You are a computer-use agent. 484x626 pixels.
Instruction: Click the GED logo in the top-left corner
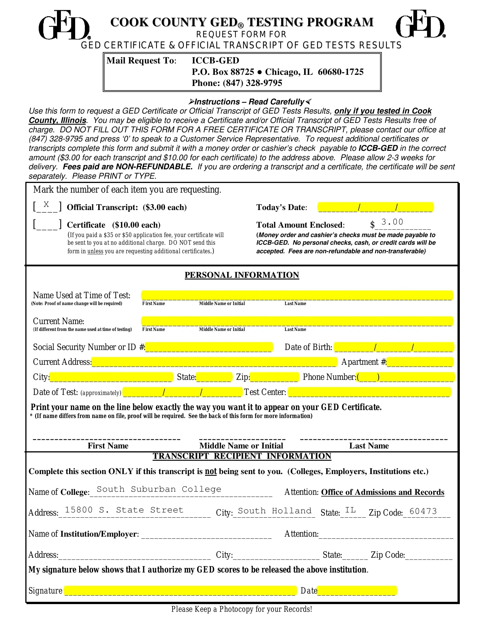click(x=64, y=25)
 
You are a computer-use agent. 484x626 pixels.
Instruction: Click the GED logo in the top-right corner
click(x=420, y=24)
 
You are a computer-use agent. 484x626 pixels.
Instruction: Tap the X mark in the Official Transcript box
click(x=46, y=204)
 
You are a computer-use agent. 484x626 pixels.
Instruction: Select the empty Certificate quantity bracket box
click(x=47, y=225)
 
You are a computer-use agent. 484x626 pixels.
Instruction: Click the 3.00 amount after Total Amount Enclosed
click(x=392, y=222)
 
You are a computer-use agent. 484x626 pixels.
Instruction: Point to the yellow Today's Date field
click(x=376, y=207)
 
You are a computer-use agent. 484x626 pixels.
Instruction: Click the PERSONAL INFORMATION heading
click(x=242, y=275)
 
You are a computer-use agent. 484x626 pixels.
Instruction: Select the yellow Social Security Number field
click(x=209, y=347)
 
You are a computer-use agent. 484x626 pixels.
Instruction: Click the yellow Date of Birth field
click(x=394, y=347)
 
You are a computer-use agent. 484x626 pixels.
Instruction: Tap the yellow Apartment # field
click(x=420, y=362)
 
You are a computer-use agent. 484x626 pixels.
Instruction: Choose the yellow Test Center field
click(x=369, y=392)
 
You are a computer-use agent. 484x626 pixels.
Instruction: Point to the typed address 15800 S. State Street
click(x=124, y=510)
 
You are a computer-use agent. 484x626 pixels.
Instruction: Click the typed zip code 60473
click(x=423, y=511)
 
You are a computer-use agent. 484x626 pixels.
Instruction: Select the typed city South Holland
click(x=274, y=511)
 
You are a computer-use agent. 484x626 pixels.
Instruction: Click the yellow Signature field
click(x=180, y=590)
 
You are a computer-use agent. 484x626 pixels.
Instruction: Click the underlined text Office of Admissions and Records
click(x=382, y=492)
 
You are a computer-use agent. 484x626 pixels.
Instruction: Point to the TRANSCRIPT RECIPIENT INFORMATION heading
click(x=242, y=456)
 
